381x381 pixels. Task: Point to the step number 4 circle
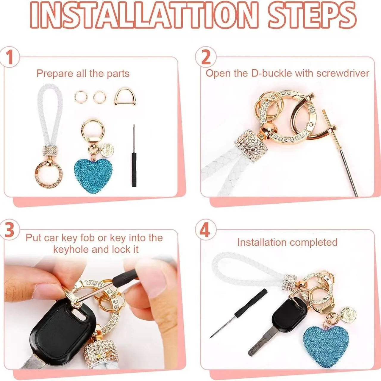tap(206, 232)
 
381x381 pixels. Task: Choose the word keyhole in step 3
tap(71, 249)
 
